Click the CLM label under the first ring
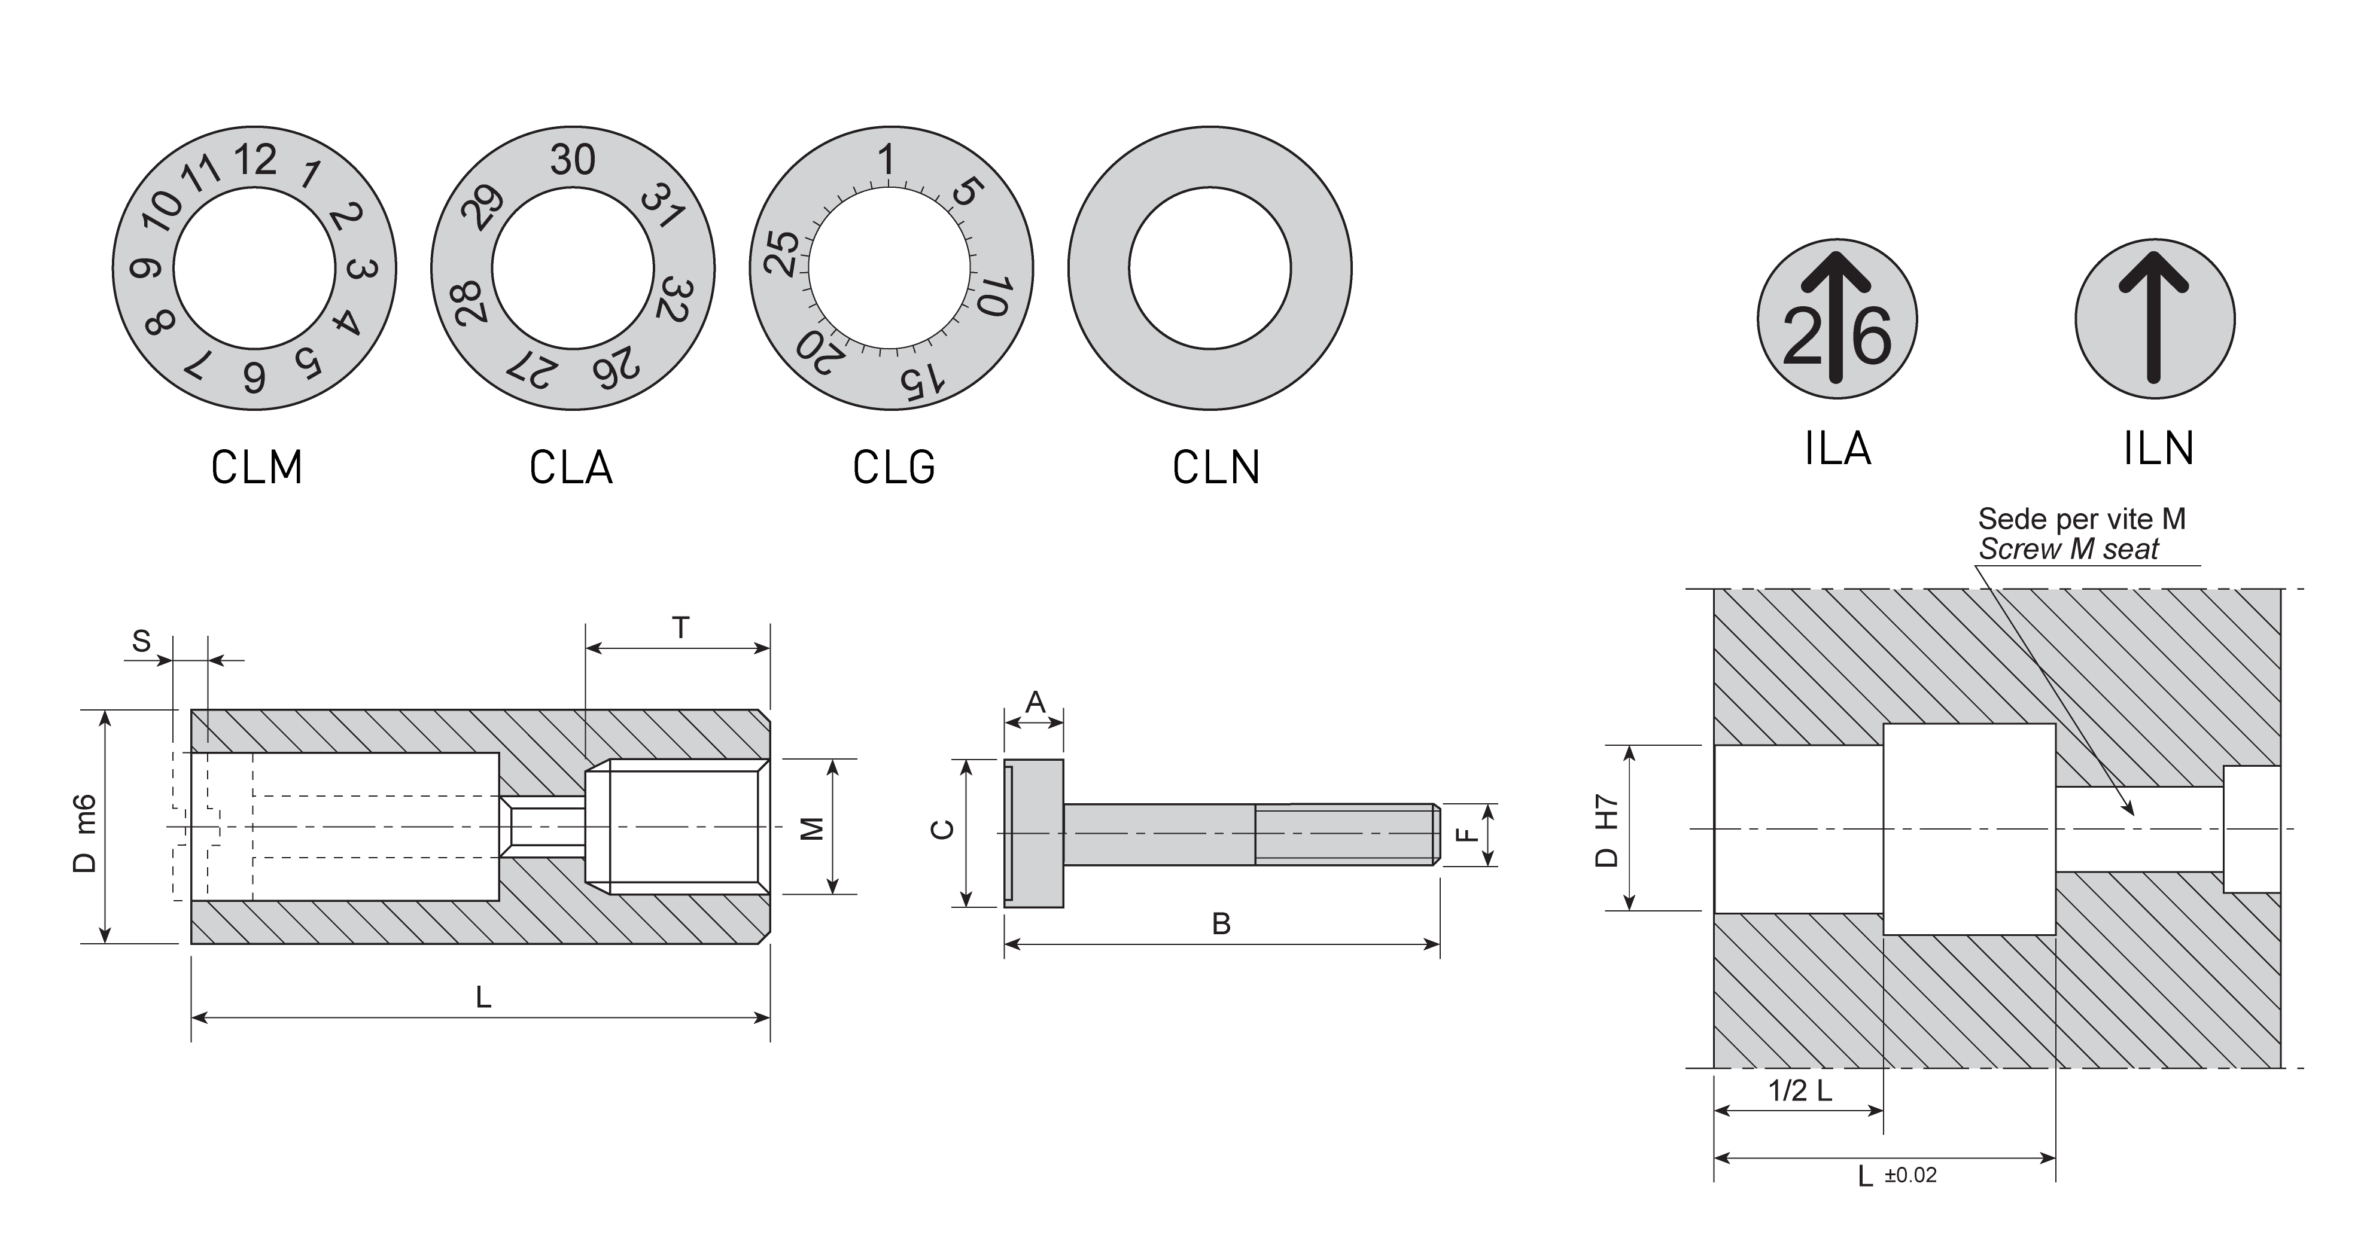(x=257, y=467)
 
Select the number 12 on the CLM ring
(x=255, y=160)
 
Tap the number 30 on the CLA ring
(x=572, y=160)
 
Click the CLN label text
(x=1215, y=467)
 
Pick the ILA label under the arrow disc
(x=1837, y=449)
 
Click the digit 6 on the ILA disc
(x=1870, y=337)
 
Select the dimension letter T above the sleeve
(x=680, y=628)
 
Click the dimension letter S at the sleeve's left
(x=141, y=641)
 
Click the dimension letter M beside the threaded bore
(x=811, y=828)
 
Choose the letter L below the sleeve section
(x=483, y=997)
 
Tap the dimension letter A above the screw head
(x=1035, y=703)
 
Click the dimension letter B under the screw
(x=1221, y=923)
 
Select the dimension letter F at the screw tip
(x=1468, y=835)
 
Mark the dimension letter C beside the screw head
(x=943, y=830)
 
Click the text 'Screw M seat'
(x=2068, y=550)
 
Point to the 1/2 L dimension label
(x=1800, y=1091)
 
